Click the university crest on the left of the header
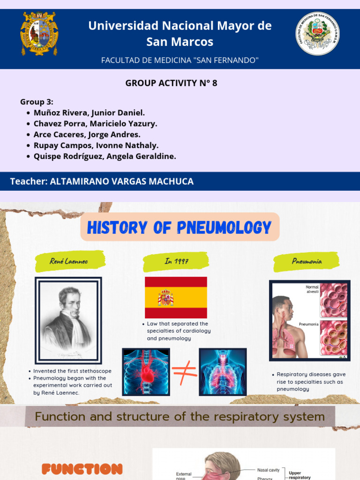[39, 34]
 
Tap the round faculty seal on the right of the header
[318, 34]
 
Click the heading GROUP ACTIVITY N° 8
[171, 83]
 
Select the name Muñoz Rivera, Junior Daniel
[89, 113]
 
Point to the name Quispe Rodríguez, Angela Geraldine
[105, 157]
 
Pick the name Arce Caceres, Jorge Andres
[87, 135]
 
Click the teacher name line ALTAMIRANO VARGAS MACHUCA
[102, 181]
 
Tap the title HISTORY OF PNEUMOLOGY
[180, 228]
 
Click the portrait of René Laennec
[68, 319]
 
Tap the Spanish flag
[176, 298]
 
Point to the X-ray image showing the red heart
[146, 372]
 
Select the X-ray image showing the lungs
[223, 372]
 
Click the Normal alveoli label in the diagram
[312, 289]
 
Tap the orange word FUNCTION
[82, 469]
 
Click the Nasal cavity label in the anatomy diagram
[268, 470]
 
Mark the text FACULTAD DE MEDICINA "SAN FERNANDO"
[180, 60]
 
